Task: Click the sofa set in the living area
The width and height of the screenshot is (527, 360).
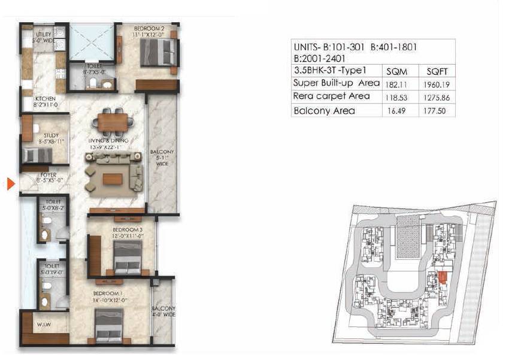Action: [x=114, y=171]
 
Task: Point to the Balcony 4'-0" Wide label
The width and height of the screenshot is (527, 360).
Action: [x=162, y=311]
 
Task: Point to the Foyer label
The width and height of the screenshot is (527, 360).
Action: [x=46, y=177]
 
